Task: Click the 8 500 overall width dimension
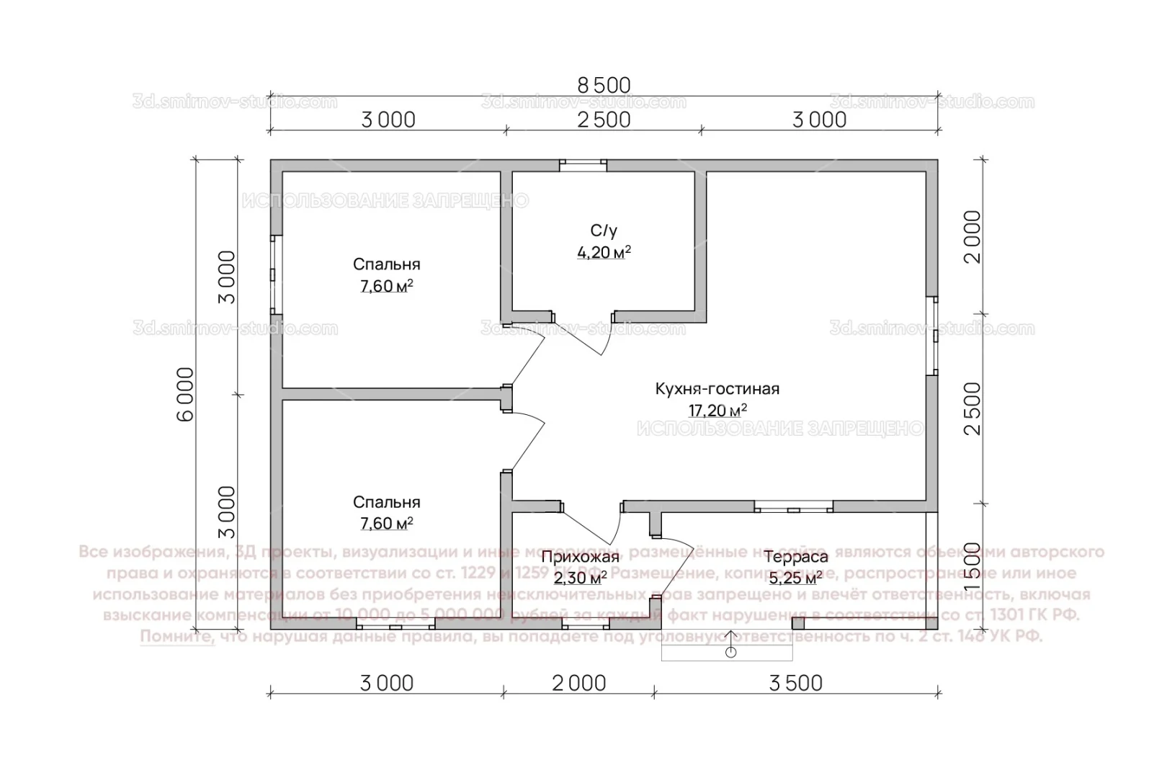[604, 84]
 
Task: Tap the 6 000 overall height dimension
[185, 394]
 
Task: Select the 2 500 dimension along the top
[604, 120]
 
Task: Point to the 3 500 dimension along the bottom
[795, 682]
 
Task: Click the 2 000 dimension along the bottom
[579, 682]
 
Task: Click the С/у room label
[604, 231]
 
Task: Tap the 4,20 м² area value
[604, 252]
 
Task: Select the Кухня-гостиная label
[717, 389]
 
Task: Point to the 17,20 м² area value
[717, 411]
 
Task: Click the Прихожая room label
[580, 557]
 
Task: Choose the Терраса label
[795, 557]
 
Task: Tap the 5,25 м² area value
[795, 578]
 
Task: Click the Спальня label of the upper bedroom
[386, 264]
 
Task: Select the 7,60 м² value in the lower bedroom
[386, 524]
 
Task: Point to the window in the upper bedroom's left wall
[276, 274]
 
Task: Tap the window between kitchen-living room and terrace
[793, 507]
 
